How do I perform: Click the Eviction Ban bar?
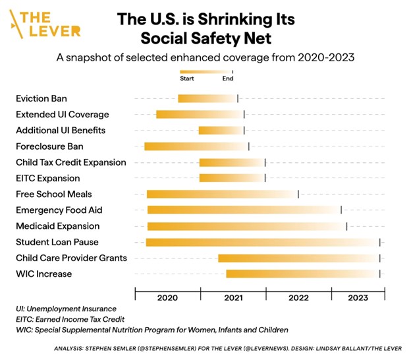[x=207, y=99]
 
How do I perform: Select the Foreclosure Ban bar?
[x=196, y=146]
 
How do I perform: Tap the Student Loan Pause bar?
[x=262, y=242]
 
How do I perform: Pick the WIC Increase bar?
[x=302, y=274]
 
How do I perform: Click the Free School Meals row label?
[x=54, y=195]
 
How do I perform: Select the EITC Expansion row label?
[x=48, y=178]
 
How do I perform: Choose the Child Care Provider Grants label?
[x=71, y=258]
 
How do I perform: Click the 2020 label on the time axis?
[x=167, y=298]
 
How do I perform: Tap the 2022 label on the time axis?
[x=298, y=298]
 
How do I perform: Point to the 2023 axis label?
[x=358, y=298]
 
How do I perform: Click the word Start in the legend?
[x=187, y=78]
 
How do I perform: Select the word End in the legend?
[x=228, y=78]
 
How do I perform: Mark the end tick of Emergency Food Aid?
[x=341, y=210]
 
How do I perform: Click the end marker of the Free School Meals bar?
[x=298, y=194]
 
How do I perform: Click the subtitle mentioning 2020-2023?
[x=205, y=57]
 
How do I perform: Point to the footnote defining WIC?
[x=151, y=330]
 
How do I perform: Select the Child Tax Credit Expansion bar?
[x=232, y=162]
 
